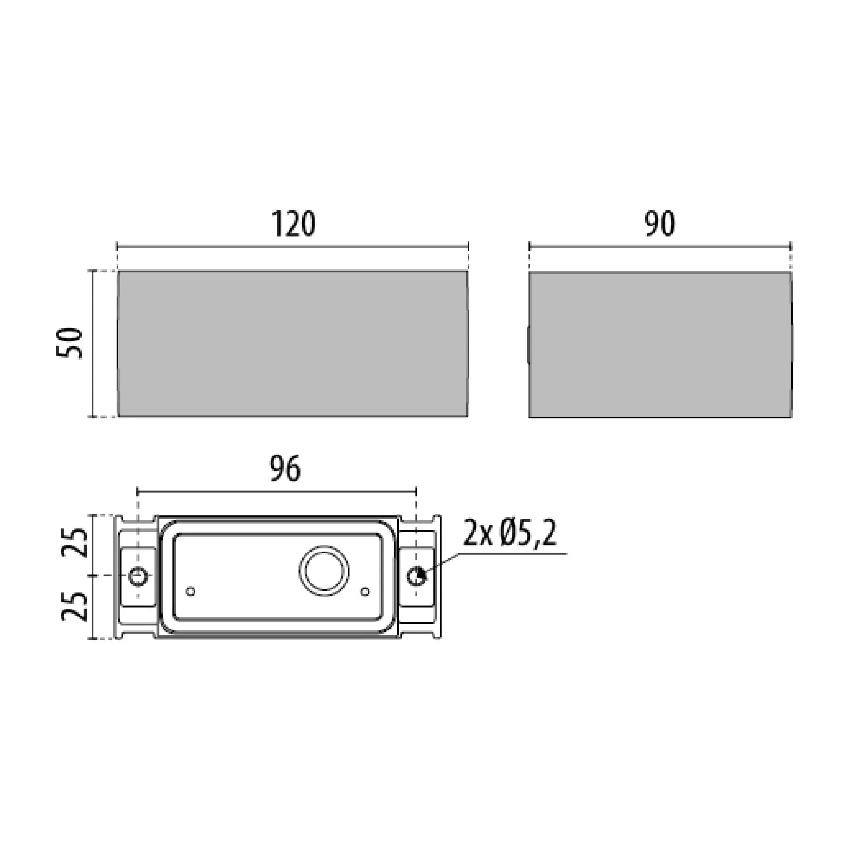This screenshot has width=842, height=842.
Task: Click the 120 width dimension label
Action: click(293, 224)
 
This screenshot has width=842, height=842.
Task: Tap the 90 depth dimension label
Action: click(660, 224)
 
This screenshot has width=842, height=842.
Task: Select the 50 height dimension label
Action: click(70, 344)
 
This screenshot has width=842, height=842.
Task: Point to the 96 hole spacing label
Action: click(285, 469)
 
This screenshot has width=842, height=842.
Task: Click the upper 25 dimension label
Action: click(74, 542)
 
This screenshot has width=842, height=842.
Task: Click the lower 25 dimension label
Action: click(74, 606)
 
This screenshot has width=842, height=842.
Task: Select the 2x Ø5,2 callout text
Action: click(510, 534)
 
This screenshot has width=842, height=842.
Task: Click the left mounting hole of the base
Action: click(139, 577)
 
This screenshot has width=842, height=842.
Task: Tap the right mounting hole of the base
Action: click(417, 577)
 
